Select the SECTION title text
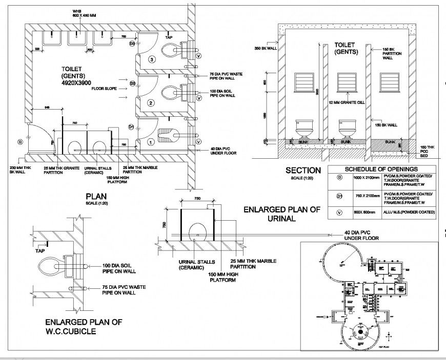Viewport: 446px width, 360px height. coord(303,171)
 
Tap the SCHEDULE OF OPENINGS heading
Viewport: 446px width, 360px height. coord(381,170)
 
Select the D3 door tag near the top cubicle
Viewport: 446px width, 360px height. coord(132,45)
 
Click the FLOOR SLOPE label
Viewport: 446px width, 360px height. coord(105,89)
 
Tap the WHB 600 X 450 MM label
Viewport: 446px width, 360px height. coord(77,13)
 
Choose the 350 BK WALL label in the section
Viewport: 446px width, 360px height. coord(266,49)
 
